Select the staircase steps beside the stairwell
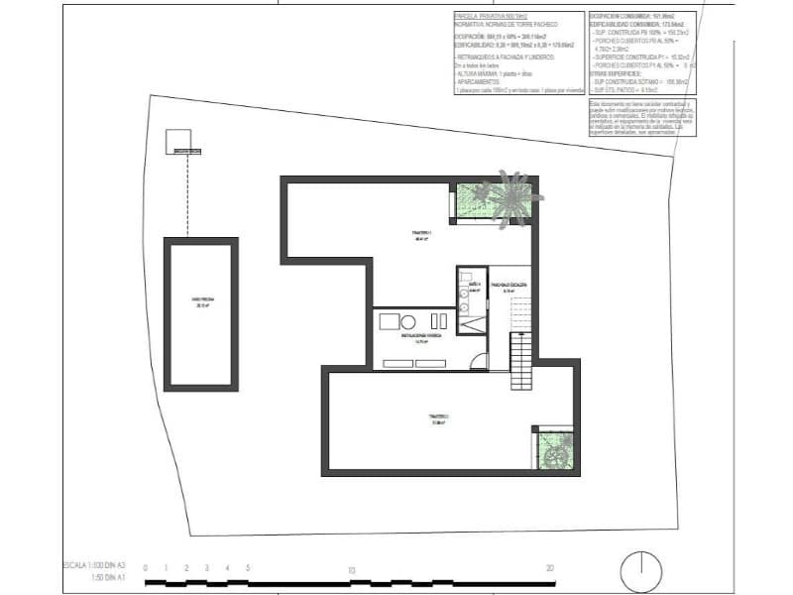(522, 363)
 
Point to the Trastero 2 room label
(438, 418)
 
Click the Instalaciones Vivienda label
(420, 337)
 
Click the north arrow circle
(641, 572)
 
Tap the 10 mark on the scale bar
(351, 569)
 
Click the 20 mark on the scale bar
(549, 568)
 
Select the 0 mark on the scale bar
(146, 568)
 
